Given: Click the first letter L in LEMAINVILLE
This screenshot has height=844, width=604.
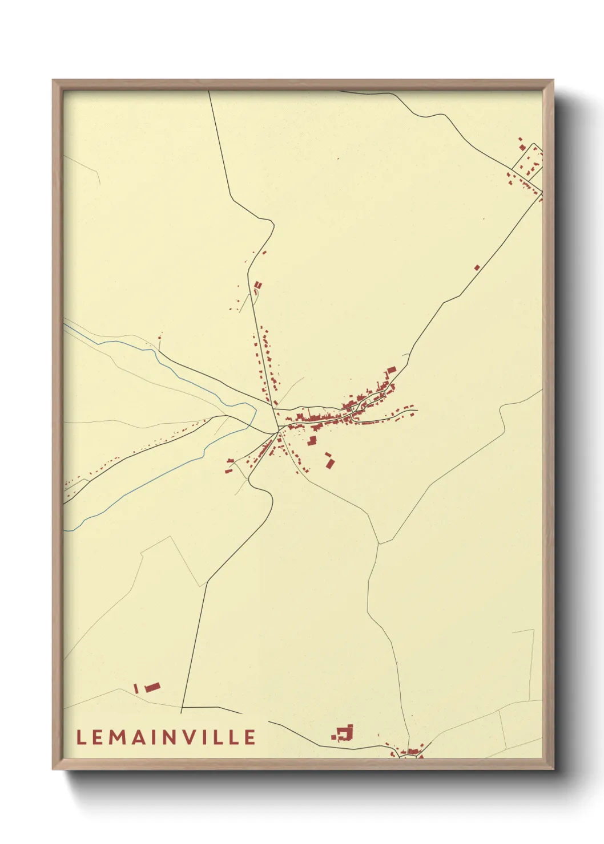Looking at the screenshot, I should pyautogui.click(x=81, y=737).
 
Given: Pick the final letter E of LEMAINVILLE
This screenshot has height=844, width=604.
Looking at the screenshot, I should pyautogui.click(x=250, y=737).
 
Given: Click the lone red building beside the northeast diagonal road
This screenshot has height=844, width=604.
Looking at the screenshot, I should pyautogui.click(x=477, y=267).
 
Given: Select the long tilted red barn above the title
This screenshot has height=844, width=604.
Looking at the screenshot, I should pyautogui.click(x=152, y=687).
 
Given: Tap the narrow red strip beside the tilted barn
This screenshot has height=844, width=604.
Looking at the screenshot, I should pyautogui.click(x=136, y=688).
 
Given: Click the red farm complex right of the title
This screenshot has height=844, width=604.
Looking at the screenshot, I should pyautogui.click(x=344, y=733).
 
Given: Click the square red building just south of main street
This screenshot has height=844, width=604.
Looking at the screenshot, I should pyautogui.click(x=312, y=440).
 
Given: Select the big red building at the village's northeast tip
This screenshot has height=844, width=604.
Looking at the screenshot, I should pyautogui.click(x=391, y=371).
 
